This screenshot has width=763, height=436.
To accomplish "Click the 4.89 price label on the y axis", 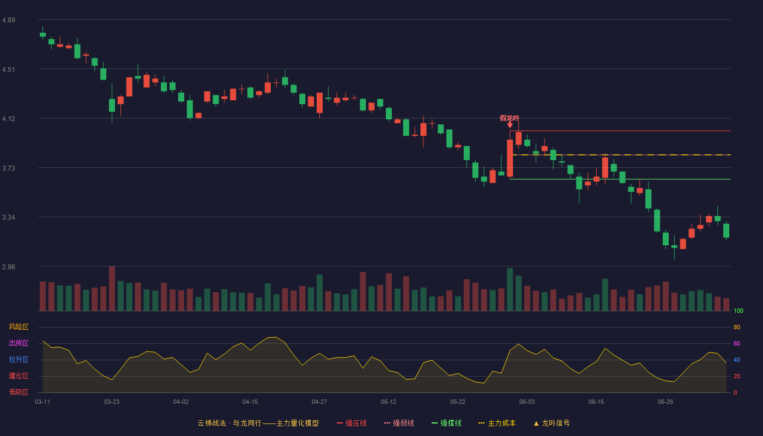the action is point(9,20).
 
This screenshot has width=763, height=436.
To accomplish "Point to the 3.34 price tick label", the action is point(9,217).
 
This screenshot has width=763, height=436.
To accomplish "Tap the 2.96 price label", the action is point(9,267).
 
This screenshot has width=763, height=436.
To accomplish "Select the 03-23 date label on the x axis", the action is point(112,402).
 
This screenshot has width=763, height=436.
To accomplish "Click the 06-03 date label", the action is point(527,402).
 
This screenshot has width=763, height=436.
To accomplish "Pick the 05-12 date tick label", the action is point(389,402).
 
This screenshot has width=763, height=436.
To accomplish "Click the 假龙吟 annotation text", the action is point(510,118).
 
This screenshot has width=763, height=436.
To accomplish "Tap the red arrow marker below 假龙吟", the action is point(510,125).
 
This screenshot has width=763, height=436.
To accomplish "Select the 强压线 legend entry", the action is point(352,423).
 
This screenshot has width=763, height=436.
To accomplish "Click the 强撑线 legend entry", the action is point(446,423).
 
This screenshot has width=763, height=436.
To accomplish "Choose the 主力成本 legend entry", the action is point(497,423).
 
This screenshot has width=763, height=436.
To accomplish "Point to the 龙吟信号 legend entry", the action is point(552,423).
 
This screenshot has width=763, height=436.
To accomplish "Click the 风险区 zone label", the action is point(19,327).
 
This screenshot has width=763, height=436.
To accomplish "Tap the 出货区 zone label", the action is point(19,343).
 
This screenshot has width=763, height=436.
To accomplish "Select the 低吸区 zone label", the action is point(19,392).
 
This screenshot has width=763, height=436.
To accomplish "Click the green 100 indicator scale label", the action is point(738,311).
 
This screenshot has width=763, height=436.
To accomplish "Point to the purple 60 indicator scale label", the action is point(737,343).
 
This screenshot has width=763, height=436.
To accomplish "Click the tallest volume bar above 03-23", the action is point(112,288).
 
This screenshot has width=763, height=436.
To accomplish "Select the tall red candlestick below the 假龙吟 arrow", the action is point(510,158).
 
